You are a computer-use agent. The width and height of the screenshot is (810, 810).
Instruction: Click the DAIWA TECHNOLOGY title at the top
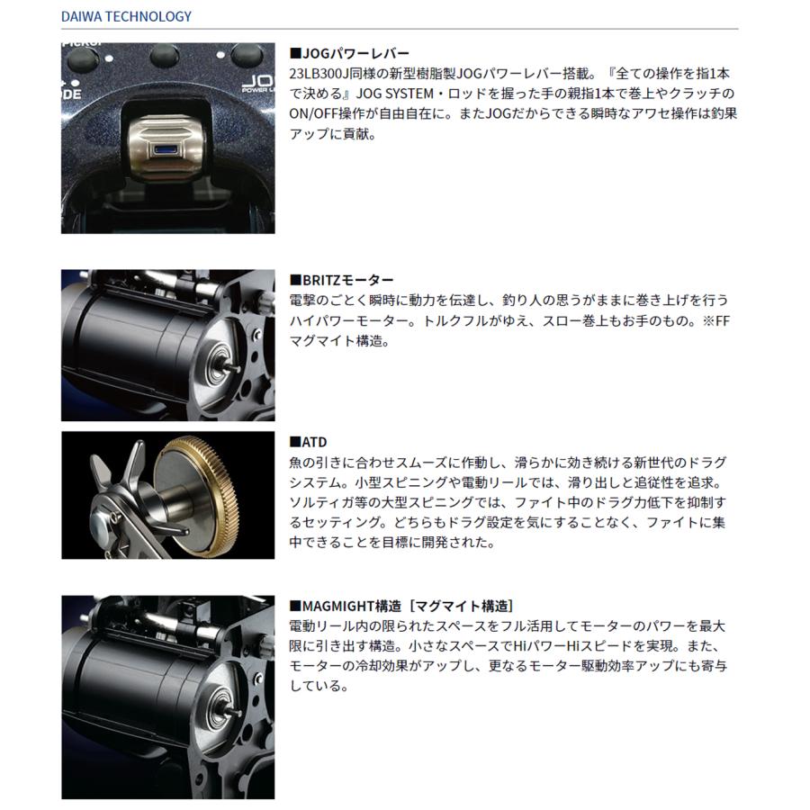[x=127, y=16]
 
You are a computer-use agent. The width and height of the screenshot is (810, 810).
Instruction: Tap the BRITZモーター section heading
[x=341, y=281]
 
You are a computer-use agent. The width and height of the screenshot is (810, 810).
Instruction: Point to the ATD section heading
[x=308, y=442]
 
